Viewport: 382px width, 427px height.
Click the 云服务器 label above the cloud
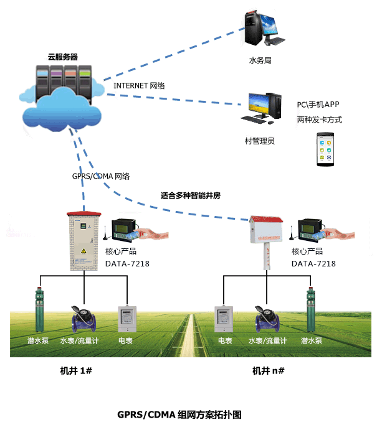63,56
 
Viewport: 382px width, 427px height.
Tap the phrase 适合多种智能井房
191,195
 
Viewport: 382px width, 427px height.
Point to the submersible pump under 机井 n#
310,309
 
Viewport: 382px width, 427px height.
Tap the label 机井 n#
268,370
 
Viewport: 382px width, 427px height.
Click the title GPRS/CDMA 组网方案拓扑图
179,414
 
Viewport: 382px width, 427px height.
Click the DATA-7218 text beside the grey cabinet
128,263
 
